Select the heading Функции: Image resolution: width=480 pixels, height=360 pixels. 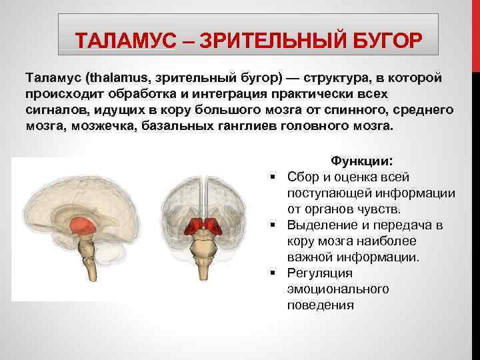(362, 161)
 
